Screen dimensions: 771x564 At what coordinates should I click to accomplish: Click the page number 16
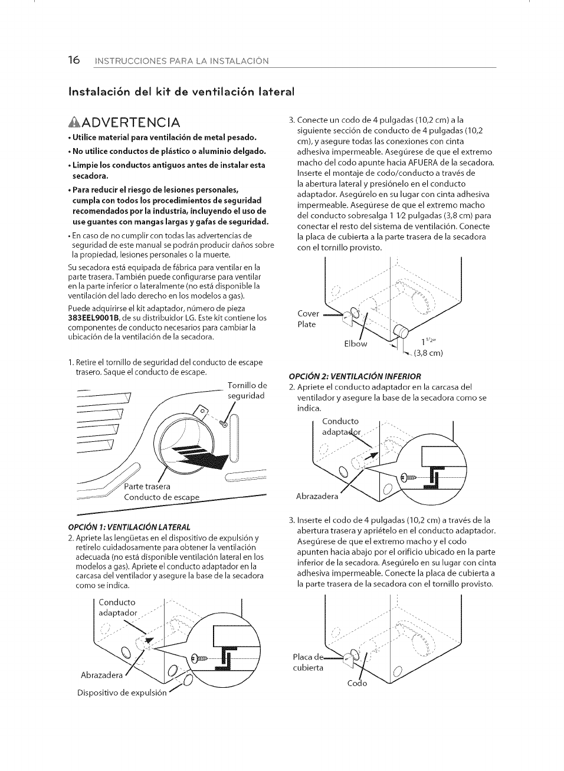74,60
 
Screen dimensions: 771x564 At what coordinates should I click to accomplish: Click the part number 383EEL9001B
94,318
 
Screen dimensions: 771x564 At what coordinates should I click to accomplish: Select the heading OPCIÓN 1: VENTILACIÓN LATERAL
130,527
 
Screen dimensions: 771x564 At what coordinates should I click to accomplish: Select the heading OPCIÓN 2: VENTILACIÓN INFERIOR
355,376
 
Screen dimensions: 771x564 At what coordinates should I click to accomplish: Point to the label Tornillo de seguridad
247,391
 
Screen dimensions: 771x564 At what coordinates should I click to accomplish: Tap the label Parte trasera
147,487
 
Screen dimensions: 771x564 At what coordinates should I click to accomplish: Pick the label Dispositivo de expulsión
122,693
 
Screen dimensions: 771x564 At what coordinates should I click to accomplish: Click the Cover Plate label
307,319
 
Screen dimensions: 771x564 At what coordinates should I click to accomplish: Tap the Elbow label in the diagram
355,343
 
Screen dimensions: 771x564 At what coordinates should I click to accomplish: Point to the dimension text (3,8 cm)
428,353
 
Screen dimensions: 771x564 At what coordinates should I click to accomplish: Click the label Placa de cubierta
308,662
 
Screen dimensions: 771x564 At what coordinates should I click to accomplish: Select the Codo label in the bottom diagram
357,683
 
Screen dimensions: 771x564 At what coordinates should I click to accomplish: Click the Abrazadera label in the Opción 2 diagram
317,496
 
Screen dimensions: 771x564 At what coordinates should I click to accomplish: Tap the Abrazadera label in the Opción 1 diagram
101,675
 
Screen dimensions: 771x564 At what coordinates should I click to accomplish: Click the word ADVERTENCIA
130,122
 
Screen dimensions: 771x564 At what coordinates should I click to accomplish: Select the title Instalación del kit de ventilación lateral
181,91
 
